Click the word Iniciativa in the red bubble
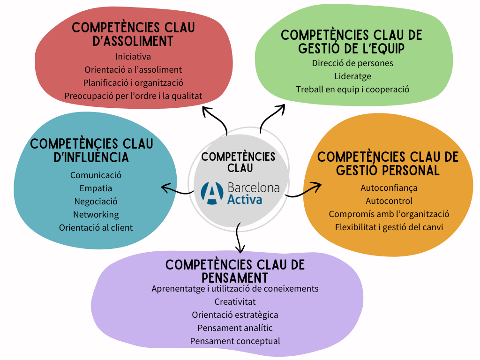(x=133, y=57)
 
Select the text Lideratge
(x=352, y=76)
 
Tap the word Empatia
(x=96, y=188)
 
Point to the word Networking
(x=96, y=215)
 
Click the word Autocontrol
(x=389, y=201)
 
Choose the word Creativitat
(x=235, y=301)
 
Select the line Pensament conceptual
(x=235, y=341)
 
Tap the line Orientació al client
(x=96, y=228)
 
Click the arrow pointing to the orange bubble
(x=304, y=189)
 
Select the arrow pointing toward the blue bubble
(x=177, y=189)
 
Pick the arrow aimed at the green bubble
(x=271, y=117)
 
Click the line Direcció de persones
(x=352, y=63)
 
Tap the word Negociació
(x=96, y=202)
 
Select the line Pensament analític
(x=235, y=328)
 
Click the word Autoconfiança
(x=389, y=188)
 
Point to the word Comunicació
(x=96, y=175)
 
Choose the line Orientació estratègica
(x=235, y=315)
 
